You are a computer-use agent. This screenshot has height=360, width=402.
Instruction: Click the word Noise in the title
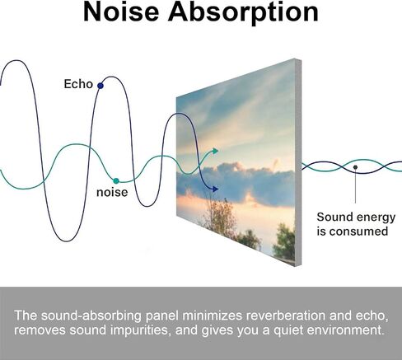click(121, 12)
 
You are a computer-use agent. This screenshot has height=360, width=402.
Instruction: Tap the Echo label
click(78, 84)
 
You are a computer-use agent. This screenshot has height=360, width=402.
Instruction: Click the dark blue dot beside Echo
click(100, 86)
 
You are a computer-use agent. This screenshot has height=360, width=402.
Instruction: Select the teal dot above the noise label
click(116, 181)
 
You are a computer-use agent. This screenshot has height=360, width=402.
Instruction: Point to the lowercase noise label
click(112, 192)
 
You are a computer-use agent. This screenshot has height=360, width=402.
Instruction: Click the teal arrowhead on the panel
click(215, 151)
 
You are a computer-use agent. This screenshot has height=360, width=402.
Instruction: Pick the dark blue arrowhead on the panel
click(215, 189)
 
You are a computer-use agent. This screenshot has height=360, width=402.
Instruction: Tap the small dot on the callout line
click(355, 167)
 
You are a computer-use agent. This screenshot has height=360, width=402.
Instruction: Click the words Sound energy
click(356, 217)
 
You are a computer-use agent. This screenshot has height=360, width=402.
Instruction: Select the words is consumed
click(353, 231)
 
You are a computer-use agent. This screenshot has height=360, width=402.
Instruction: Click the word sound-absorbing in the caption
click(91, 316)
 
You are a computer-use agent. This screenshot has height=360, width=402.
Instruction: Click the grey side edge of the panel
click(298, 162)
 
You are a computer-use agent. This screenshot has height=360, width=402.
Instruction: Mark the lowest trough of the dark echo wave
click(67, 241)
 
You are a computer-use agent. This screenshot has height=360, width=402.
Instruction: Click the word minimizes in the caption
click(213, 316)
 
